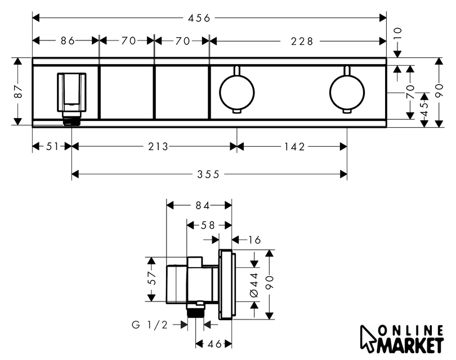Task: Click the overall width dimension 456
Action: coord(199,18)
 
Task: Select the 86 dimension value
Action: coord(68,41)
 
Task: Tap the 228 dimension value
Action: coord(302,42)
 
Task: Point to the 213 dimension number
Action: coord(158,146)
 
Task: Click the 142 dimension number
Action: coord(294,147)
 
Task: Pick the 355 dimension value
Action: coord(208,174)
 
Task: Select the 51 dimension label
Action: coord(53,146)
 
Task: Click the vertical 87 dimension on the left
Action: coord(18,91)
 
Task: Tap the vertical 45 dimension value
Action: coord(424,109)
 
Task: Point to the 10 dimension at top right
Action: coord(397,33)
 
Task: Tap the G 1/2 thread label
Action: coord(150,325)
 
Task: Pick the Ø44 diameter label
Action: coord(254,285)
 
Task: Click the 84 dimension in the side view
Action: coord(203,205)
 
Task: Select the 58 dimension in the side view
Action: coord(208,225)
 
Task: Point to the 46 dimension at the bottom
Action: coord(214,344)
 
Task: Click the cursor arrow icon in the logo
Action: coord(368,339)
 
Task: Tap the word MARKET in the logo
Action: coord(411,345)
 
